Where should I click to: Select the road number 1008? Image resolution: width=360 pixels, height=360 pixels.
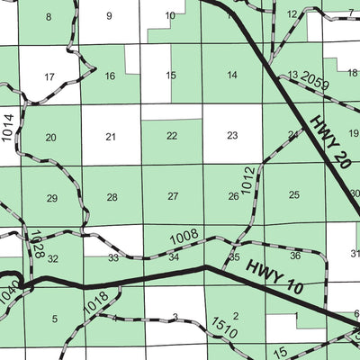184,236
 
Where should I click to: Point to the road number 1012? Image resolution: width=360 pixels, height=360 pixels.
248,179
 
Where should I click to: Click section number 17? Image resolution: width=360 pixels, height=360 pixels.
49,77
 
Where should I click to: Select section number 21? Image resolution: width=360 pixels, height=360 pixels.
111,137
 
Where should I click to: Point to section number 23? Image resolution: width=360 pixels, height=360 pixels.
232,136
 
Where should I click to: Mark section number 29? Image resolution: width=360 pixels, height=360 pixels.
51,198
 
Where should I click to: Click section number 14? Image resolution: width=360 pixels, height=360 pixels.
232,75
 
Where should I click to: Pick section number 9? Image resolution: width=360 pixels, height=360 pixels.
109,15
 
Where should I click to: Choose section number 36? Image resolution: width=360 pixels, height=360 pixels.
295,256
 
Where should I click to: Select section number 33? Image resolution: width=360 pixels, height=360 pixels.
113,258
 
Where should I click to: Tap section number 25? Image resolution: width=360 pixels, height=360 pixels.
294,194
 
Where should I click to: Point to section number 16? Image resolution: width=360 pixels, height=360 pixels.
110,76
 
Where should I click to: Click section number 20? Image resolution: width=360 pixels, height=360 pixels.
50,138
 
